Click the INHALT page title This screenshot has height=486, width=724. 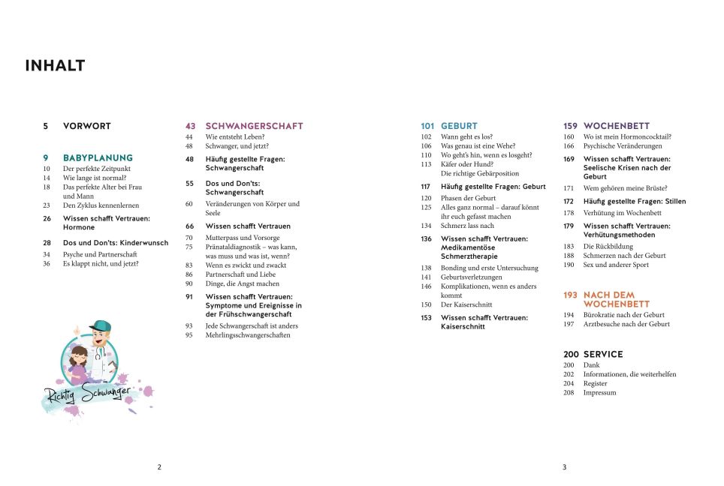[55, 66]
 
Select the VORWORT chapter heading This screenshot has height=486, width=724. [86, 126]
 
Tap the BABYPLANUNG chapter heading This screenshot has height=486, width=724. [98, 158]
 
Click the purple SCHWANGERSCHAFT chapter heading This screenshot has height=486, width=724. [254, 126]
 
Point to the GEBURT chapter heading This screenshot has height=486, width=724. [459, 126]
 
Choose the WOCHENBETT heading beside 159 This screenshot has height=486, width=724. [616, 126]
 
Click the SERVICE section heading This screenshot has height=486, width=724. [603, 354]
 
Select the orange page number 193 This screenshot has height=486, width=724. [570, 295]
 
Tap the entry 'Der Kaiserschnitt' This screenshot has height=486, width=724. [467, 304]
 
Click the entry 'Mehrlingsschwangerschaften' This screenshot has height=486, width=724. [247, 335]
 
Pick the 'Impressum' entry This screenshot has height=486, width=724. [599, 392]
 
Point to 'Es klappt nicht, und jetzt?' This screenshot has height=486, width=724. [101, 264]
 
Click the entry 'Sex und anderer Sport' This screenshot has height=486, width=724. [616, 265]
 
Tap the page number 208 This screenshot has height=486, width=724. [569, 392]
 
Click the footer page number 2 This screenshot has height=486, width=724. [159, 467]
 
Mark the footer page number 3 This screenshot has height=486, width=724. [564, 467]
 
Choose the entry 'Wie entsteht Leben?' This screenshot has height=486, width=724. [234, 137]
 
